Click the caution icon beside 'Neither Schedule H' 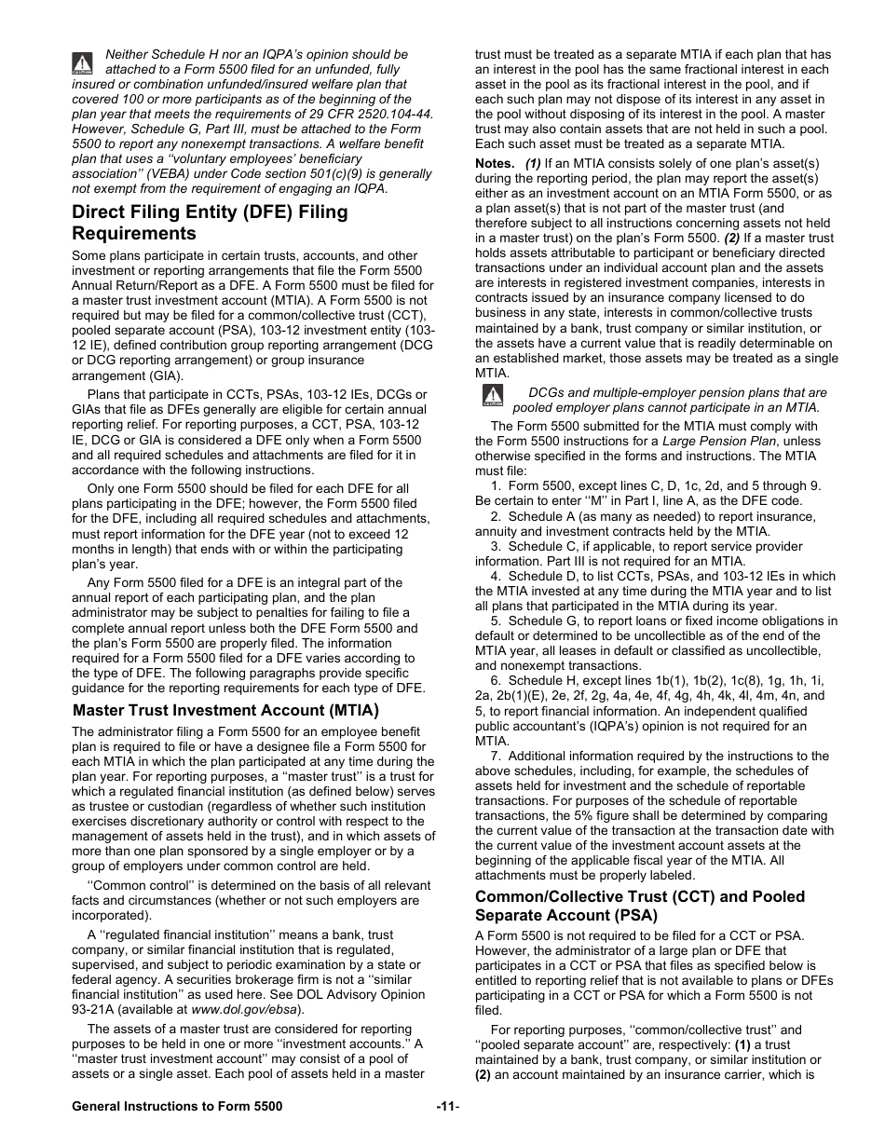(82, 62)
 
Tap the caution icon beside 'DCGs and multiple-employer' (492, 397)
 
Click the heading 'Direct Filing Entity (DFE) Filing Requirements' (210, 222)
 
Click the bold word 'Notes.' (495, 164)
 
